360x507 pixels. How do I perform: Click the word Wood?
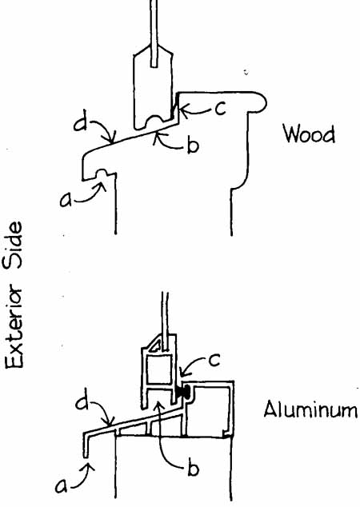[x=309, y=134]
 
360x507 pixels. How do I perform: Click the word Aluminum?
[x=311, y=409]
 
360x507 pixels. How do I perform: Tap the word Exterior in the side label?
[x=14, y=326]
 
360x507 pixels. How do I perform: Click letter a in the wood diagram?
[x=66, y=200]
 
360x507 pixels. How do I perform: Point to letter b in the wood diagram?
[x=193, y=146]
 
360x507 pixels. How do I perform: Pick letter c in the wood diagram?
[x=220, y=110]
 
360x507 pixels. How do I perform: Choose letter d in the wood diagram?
[x=81, y=123]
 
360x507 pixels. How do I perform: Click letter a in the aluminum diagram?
[x=62, y=485]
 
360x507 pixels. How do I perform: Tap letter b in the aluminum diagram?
[x=194, y=468]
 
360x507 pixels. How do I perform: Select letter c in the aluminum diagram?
[x=214, y=360]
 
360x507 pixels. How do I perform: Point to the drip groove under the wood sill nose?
[x=104, y=174]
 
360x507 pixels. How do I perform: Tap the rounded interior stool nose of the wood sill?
[x=260, y=102]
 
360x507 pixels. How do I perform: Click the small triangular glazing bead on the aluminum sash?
[x=155, y=345]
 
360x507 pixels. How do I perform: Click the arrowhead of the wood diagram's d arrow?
[x=111, y=140]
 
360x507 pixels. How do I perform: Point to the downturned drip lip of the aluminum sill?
[x=86, y=445]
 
